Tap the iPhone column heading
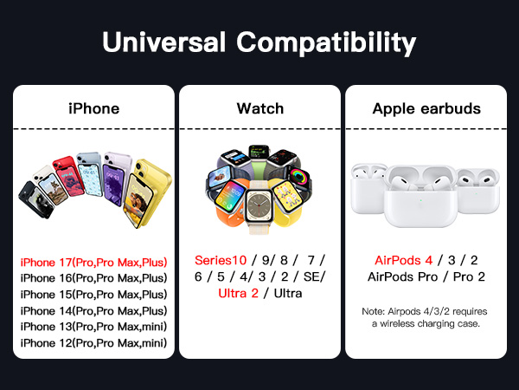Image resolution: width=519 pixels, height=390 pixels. (93, 108)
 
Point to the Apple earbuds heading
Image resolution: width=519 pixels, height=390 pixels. (426, 108)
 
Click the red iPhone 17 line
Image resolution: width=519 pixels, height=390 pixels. (93, 262)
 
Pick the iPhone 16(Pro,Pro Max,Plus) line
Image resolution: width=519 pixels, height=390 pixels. (93, 278)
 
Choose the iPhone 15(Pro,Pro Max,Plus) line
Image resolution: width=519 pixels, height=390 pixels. (93, 295)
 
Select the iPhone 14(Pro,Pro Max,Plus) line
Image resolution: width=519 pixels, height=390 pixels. (93, 311)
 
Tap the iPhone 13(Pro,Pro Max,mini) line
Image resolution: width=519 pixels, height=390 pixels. (93, 327)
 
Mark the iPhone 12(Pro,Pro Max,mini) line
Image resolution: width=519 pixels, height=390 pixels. (93, 343)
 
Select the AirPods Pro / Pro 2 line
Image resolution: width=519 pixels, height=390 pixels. (426, 277)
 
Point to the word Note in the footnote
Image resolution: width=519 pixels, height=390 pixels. (374, 310)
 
